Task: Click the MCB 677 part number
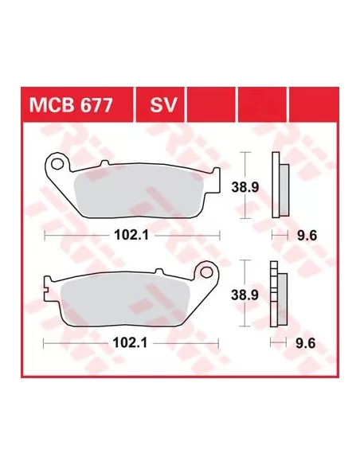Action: pyautogui.click(x=71, y=105)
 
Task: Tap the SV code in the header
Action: pyautogui.click(x=163, y=105)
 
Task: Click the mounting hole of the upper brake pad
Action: pyautogui.click(x=57, y=162)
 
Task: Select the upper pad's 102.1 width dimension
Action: pyautogui.click(x=131, y=236)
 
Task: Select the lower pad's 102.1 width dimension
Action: pyautogui.click(x=130, y=343)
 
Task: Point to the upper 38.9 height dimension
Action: pyautogui.click(x=245, y=187)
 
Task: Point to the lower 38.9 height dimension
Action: pyautogui.click(x=245, y=295)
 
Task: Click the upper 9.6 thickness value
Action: pyautogui.click(x=307, y=236)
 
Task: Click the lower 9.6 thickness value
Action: pyautogui.click(x=306, y=344)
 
